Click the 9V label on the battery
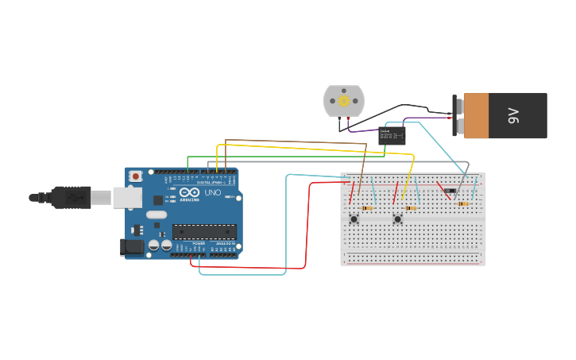tap(513, 116)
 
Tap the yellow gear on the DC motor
tap(343, 101)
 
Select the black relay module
tap(392, 135)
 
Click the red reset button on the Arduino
tap(136, 176)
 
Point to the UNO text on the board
tap(213, 192)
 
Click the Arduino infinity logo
tap(189, 192)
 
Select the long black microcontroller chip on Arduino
tap(204, 231)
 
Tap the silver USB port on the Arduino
tap(127, 197)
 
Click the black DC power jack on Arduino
tap(132, 247)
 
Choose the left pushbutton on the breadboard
tap(354, 219)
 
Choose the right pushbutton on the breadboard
tap(397, 219)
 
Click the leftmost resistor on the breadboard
tap(367, 208)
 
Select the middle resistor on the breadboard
tap(411, 208)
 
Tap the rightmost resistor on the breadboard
tap(462, 203)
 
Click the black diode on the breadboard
tap(450, 191)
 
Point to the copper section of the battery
tap(476, 116)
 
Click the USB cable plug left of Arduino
tap(72, 196)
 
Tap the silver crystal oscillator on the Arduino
tap(157, 215)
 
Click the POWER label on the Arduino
tap(199, 243)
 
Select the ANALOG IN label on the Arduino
tap(226, 243)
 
